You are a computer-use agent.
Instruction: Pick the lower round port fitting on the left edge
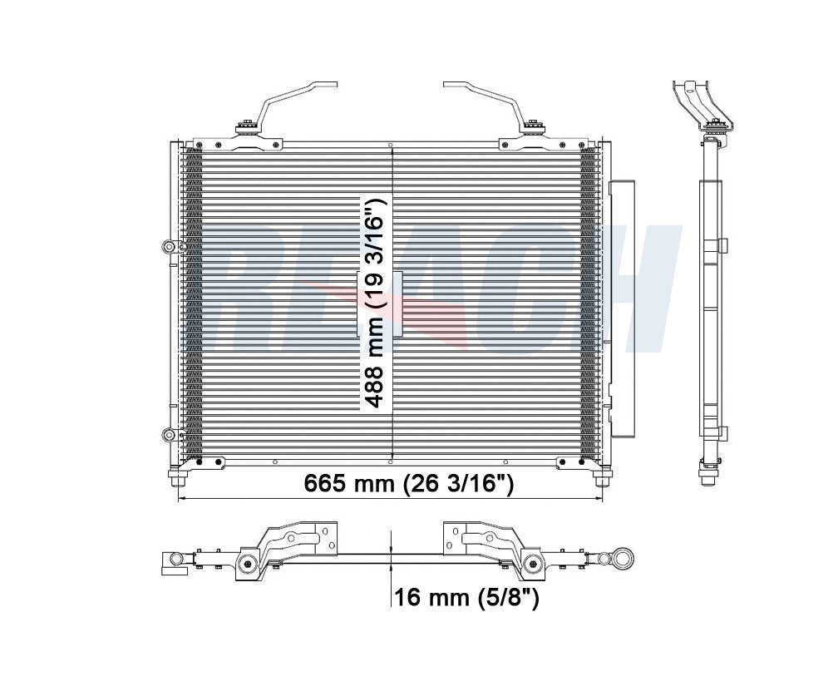tap(170, 434)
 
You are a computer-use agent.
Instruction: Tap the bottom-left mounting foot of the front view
tap(178, 480)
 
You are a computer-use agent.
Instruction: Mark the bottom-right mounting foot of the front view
tap(602, 480)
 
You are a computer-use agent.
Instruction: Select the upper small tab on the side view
tap(722, 245)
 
